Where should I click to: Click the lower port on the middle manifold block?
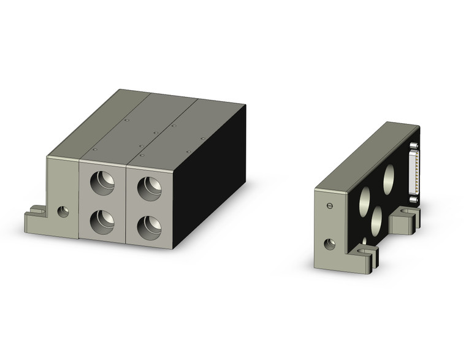point(102,221)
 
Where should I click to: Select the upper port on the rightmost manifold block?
point(148,187)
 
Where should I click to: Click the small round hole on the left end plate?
point(63,212)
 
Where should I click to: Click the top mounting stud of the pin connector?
point(414,145)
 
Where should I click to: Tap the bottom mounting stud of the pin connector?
point(414,198)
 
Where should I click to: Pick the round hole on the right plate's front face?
point(330,244)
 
